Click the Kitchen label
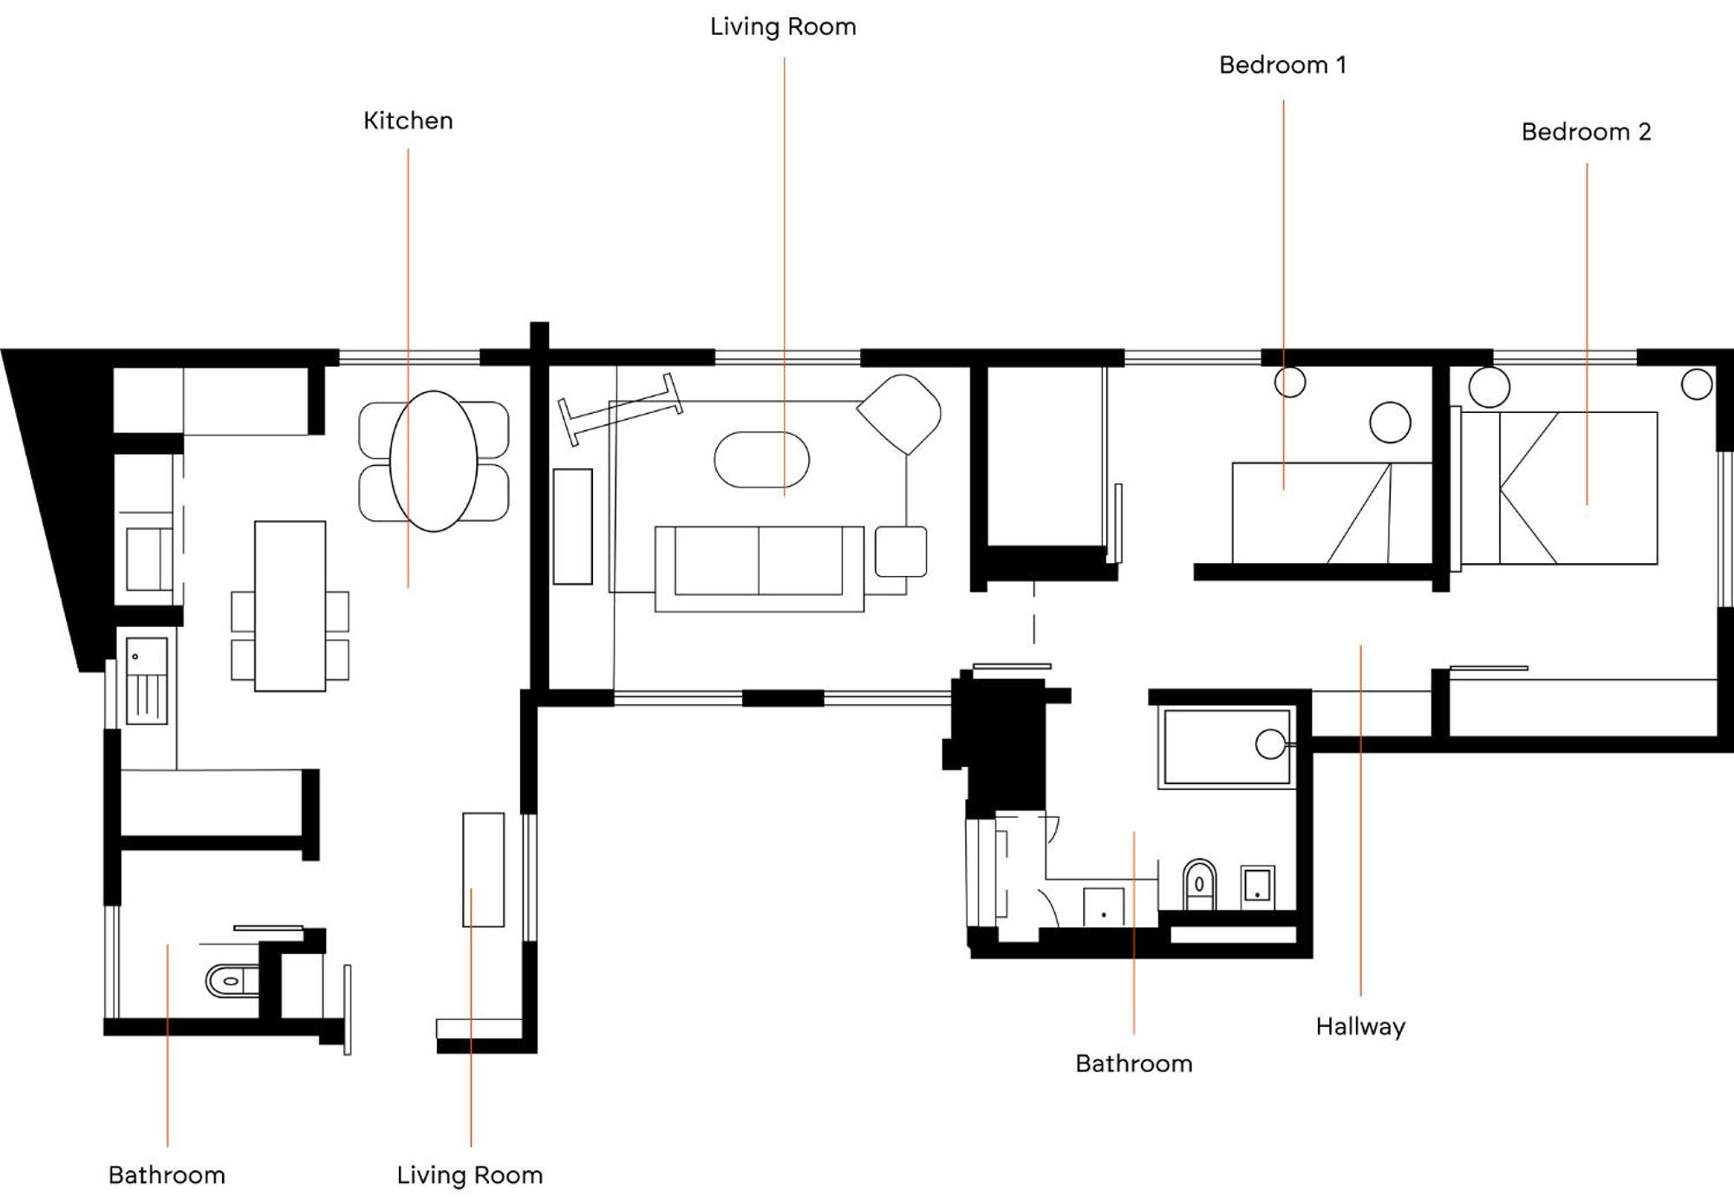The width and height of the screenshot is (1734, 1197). tap(407, 121)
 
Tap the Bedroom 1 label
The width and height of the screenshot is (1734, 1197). tap(1282, 65)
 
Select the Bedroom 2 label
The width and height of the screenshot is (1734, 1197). tap(1586, 132)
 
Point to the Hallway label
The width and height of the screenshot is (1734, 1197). tap(1359, 1027)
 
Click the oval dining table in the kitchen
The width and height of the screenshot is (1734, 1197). tap(433, 461)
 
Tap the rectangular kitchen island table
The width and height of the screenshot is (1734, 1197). tap(290, 605)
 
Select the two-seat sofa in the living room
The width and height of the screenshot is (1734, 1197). tap(759, 568)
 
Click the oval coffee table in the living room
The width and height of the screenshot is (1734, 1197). tap(761, 460)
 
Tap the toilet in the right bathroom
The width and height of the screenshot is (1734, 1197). tap(1199, 884)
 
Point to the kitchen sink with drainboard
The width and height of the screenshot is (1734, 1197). tap(147, 680)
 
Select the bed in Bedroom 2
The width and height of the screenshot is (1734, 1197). tap(1559, 487)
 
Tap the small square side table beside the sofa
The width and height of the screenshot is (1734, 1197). tap(901, 551)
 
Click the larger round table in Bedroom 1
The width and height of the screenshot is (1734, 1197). tap(1390, 422)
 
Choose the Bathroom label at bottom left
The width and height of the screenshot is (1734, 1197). tap(166, 1175)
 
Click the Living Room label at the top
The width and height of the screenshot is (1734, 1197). tap(783, 27)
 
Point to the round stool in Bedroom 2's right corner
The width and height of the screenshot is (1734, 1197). tap(1697, 384)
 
